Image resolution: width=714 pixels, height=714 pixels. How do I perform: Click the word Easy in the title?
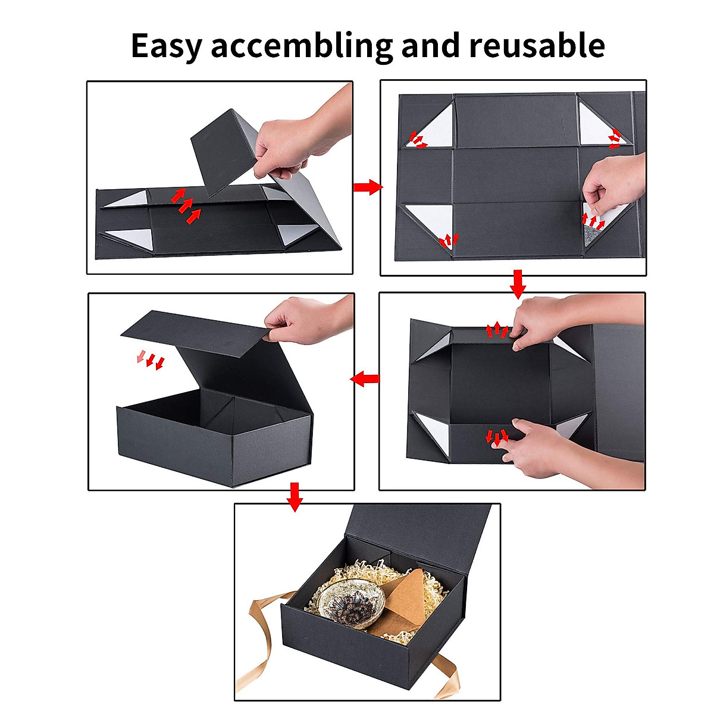tap(166, 46)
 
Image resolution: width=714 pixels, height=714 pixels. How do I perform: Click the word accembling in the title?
tap(302, 46)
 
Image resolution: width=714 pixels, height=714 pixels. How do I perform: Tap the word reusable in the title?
tap(537, 46)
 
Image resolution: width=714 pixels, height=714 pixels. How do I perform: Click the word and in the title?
tap(431, 46)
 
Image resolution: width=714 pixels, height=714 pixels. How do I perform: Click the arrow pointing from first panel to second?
tap(367, 187)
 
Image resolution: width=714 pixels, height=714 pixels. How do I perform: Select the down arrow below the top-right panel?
tap(518, 284)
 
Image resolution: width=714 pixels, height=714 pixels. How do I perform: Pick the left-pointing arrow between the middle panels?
tap(365, 378)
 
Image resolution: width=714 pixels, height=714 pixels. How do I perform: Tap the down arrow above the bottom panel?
tap(294, 496)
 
